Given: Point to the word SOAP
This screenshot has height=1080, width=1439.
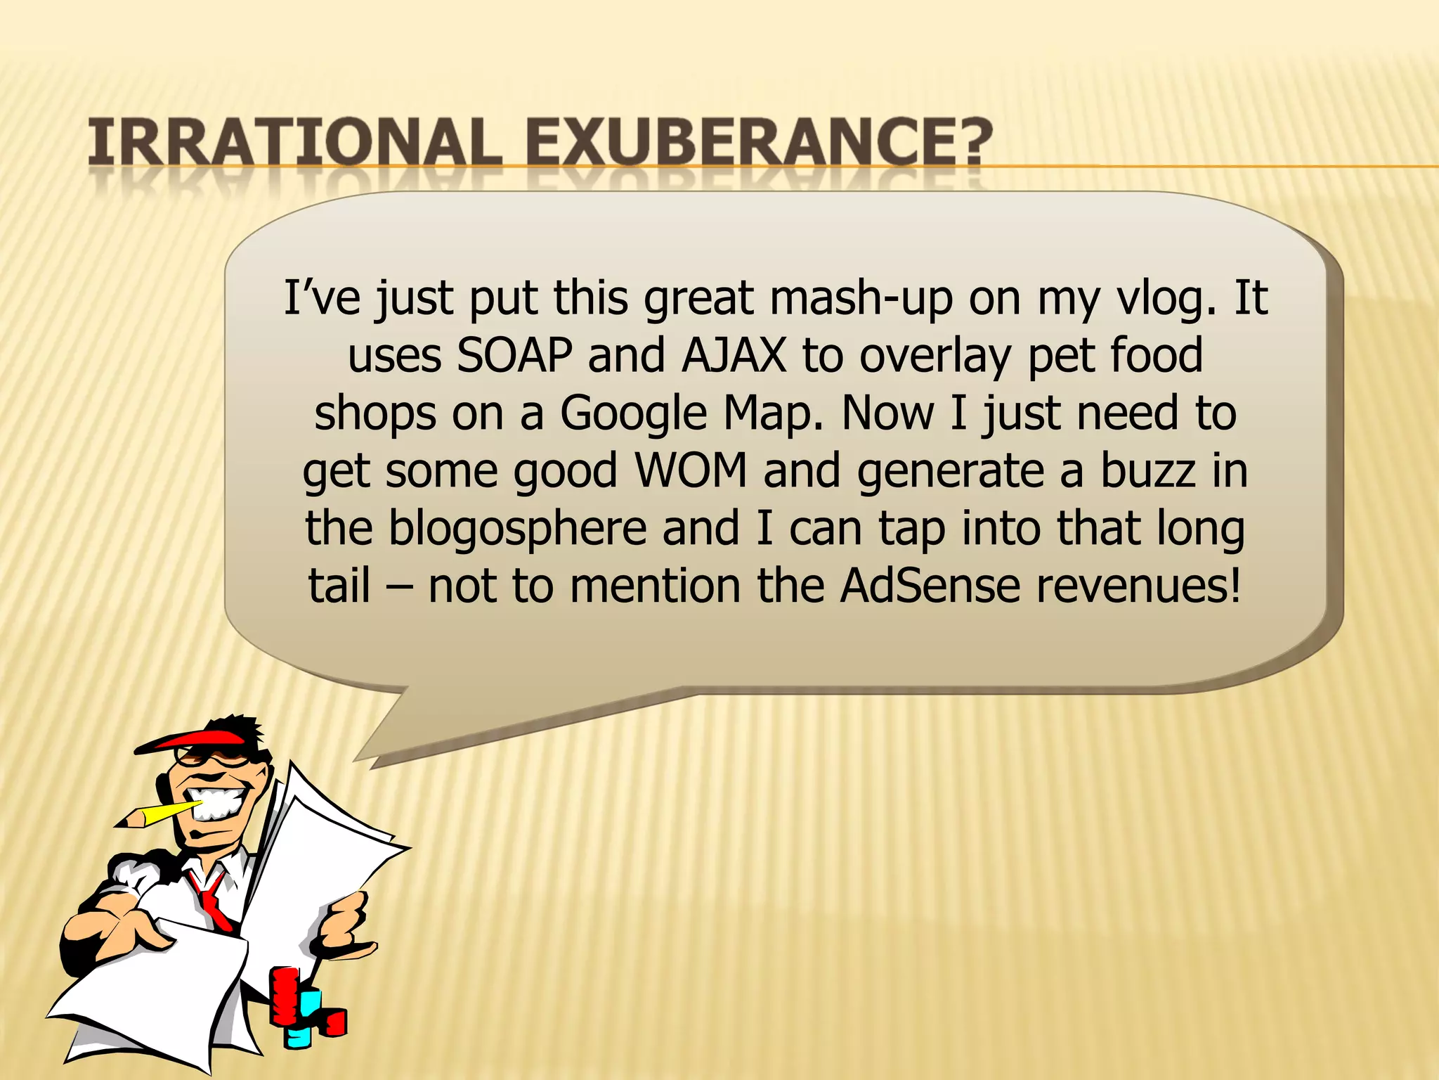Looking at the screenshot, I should coord(514,355).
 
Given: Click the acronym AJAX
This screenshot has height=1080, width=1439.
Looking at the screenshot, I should coord(734,355).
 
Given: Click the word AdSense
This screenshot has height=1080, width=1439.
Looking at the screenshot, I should coord(930,585).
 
